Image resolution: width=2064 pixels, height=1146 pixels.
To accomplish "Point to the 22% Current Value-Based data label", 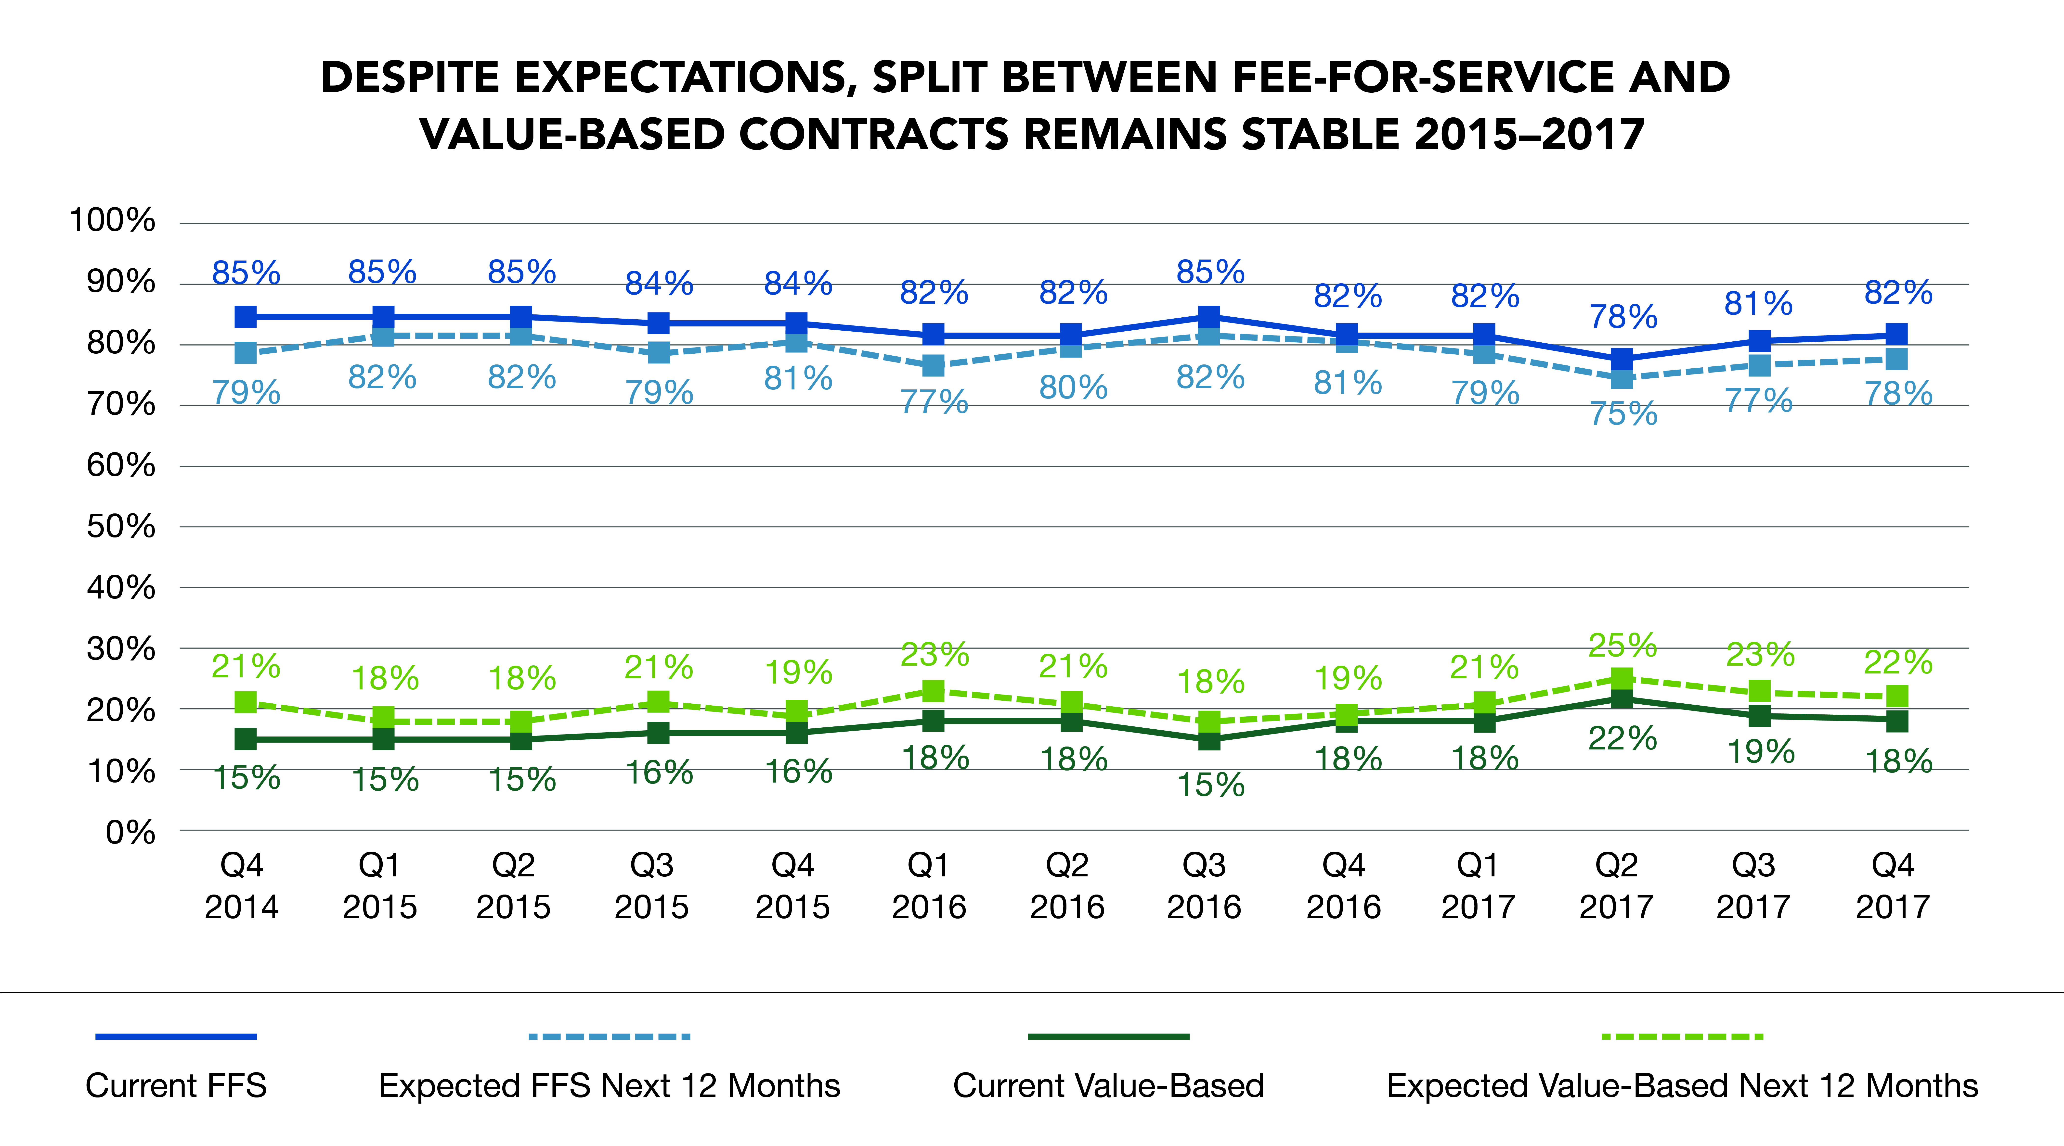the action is tap(1623, 738).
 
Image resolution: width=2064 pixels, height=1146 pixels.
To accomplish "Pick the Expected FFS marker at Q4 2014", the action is tap(246, 352).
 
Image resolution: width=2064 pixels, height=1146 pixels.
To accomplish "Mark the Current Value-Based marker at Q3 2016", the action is tap(1209, 739).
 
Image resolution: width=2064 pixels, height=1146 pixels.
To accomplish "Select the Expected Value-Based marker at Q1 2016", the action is tap(934, 690).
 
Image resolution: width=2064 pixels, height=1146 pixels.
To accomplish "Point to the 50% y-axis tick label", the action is tap(121, 526).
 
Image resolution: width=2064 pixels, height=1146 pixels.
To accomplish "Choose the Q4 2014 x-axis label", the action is tap(242, 886).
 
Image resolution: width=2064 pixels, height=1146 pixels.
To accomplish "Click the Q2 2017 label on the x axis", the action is tap(1616, 886).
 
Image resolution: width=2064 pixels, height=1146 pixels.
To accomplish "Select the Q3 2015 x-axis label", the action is tap(651, 886).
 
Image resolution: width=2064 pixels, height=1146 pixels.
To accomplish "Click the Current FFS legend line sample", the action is tap(176, 1036).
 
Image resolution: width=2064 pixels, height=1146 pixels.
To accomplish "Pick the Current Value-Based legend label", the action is tap(1108, 1086).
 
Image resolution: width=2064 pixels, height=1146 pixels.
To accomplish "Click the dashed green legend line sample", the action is tap(1683, 1036).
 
